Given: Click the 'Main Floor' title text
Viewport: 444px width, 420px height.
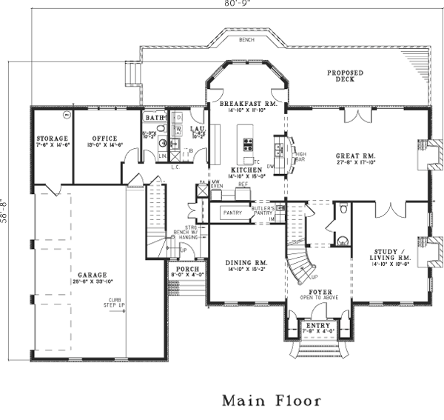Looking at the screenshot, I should [x=272, y=401].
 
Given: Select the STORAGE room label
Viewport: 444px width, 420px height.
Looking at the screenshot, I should [x=53, y=139].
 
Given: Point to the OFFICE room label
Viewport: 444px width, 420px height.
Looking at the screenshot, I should [x=100, y=138].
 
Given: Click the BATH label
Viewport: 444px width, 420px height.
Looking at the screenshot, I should [x=154, y=118].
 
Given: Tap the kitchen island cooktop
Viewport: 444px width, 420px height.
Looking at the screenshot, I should [x=247, y=142].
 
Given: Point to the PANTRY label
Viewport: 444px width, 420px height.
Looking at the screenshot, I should [x=232, y=213].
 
